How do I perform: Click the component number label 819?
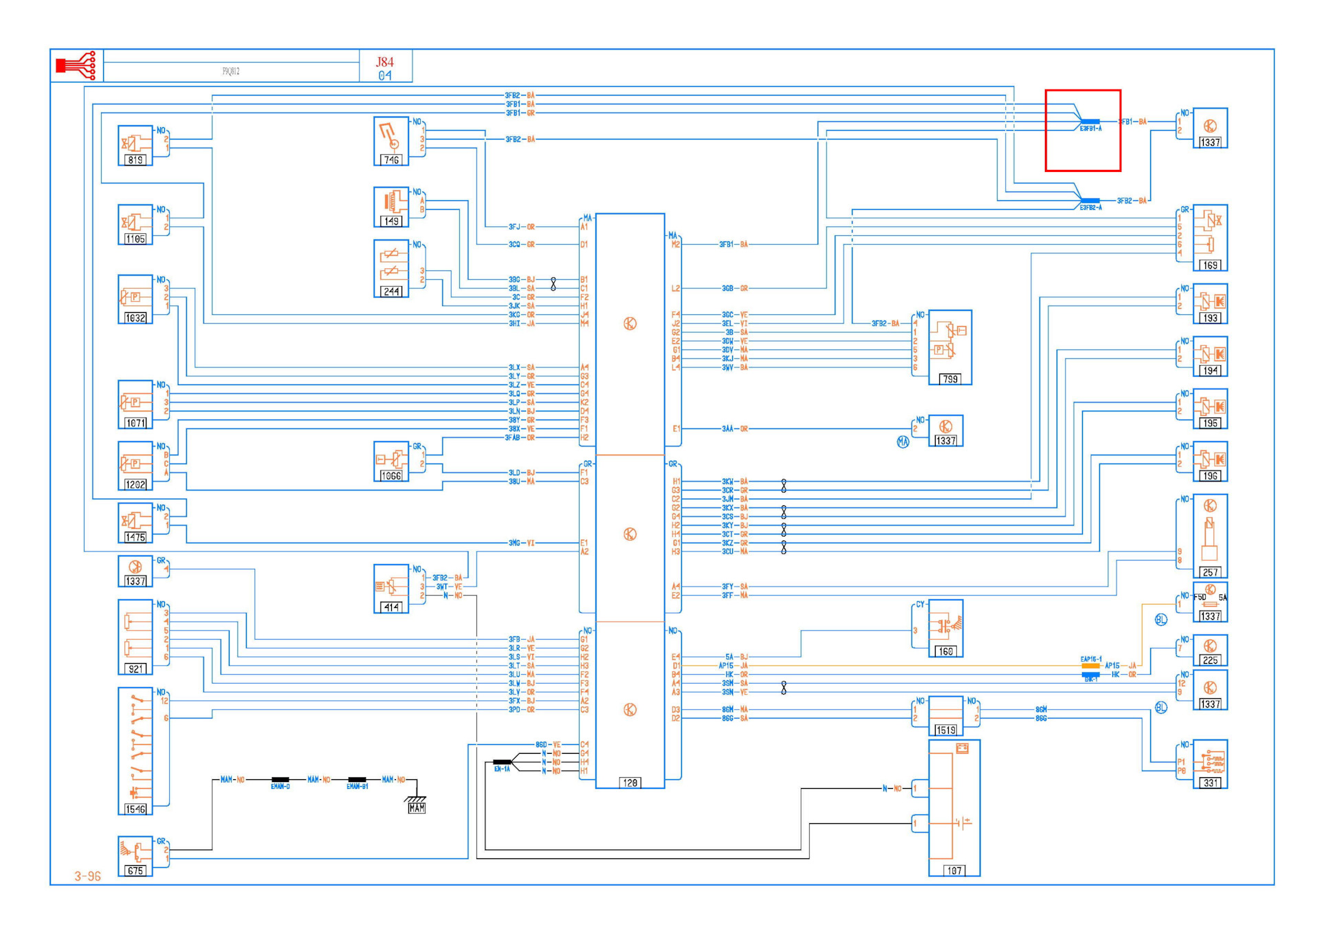[x=135, y=160]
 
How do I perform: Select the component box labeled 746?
[x=391, y=141]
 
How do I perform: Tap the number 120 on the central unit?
[x=630, y=783]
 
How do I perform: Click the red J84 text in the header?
[x=385, y=62]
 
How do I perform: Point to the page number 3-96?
[x=88, y=876]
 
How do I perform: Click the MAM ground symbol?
[x=416, y=805]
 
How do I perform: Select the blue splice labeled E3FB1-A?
[x=1090, y=122]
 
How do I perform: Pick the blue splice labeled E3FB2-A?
[x=1090, y=201]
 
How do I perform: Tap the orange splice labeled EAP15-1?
[x=1090, y=666]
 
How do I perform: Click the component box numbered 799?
[x=949, y=347]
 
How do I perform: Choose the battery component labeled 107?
[x=954, y=808]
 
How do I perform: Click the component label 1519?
[x=945, y=730]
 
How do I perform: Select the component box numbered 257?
[x=1210, y=536]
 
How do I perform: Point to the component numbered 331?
[x=1210, y=764]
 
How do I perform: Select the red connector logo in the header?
[x=76, y=66]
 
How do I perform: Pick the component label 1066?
[x=391, y=476]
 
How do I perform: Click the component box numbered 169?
[x=1210, y=238]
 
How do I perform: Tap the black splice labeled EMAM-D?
[x=280, y=780]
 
